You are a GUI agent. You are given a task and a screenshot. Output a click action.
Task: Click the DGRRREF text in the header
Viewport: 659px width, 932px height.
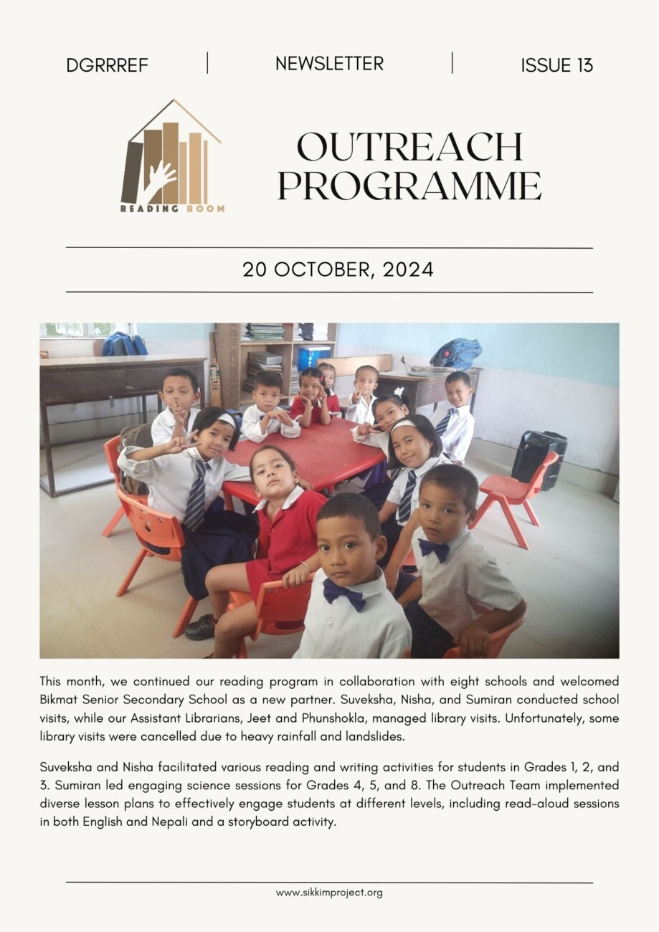(x=107, y=65)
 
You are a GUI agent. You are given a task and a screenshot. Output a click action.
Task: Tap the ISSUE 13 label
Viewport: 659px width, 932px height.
(x=556, y=65)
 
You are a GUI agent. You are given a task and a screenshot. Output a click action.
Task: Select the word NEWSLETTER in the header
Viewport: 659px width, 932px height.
(x=329, y=64)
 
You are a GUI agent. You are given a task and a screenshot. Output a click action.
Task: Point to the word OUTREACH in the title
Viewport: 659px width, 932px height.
(x=409, y=147)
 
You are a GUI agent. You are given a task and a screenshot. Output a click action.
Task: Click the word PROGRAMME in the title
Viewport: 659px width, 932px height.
(x=409, y=185)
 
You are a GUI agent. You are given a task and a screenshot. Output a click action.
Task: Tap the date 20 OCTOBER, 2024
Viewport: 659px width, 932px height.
(x=338, y=270)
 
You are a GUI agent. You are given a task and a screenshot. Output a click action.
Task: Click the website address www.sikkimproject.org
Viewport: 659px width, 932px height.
(x=329, y=893)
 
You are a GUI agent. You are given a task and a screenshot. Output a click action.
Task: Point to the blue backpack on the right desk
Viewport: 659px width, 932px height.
(x=456, y=353)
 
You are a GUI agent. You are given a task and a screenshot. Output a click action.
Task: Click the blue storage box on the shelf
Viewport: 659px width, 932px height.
(x=313, y=356)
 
